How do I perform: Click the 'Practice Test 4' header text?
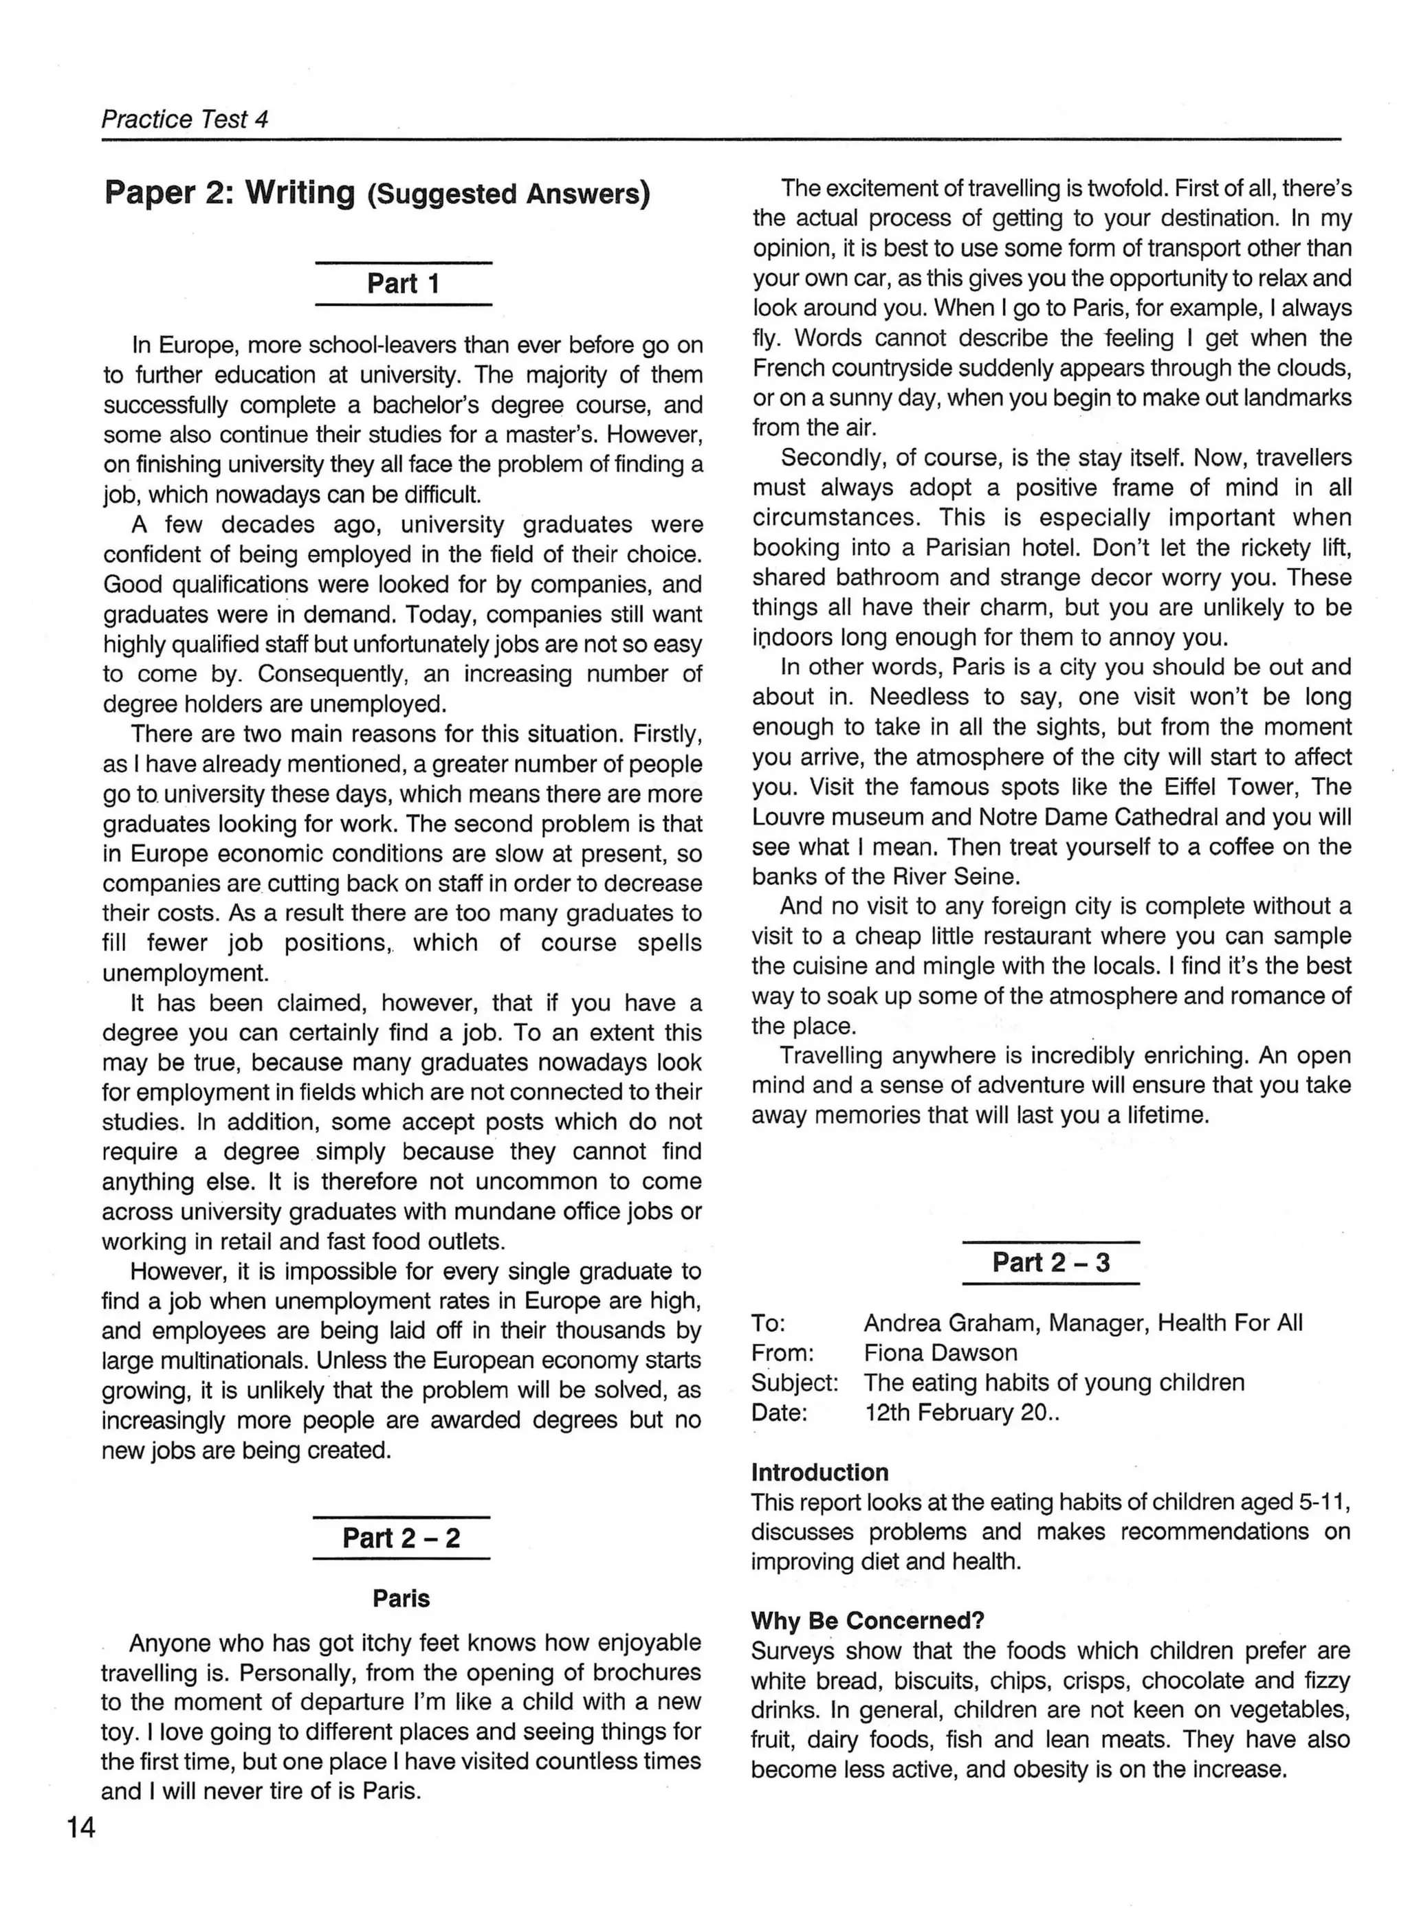click(x=185, y=120)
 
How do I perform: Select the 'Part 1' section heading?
click(x=403, y=284)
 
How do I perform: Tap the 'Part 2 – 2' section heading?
click(x=401, y=1538)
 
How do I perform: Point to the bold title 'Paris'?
click(x=401, y=1598)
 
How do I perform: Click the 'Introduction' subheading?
click(x=819, y=1472)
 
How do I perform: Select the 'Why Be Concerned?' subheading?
click(x=867, y=1620)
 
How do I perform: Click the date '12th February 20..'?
click(x=961, y=1413)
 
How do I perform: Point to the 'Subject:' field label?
click(x=794, y=1382)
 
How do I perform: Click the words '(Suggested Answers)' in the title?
click(x=508, y=195)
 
